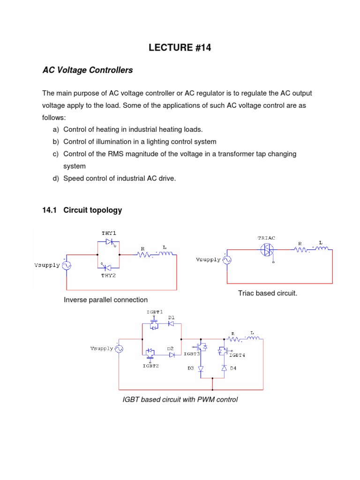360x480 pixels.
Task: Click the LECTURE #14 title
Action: click(x=180, y=47)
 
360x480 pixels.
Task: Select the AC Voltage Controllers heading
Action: click(x=88, y=70)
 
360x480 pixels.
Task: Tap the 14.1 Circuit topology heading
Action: click(x=82, y=210)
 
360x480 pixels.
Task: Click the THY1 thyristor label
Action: click(x=108, y=233)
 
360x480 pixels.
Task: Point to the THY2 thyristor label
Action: click(x=108, y=275)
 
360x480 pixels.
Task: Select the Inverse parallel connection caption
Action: click(x=105, y=300)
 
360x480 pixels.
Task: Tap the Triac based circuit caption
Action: click(x=268, y=293)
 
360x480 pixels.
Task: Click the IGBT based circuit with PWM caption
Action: click(x=180, y=400)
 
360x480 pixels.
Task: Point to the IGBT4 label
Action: click(x=237, y=355)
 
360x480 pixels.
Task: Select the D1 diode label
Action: click(x=172, y=317)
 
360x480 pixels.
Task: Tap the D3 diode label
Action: click(x=191, y=368)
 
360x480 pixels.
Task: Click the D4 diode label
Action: click(x=233, y=368)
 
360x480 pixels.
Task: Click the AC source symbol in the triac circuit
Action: click(x=227, y=260)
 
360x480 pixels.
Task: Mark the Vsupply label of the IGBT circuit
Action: click(x=101, y=349)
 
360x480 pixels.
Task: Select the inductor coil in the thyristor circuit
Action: click(x=166, y=255)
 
